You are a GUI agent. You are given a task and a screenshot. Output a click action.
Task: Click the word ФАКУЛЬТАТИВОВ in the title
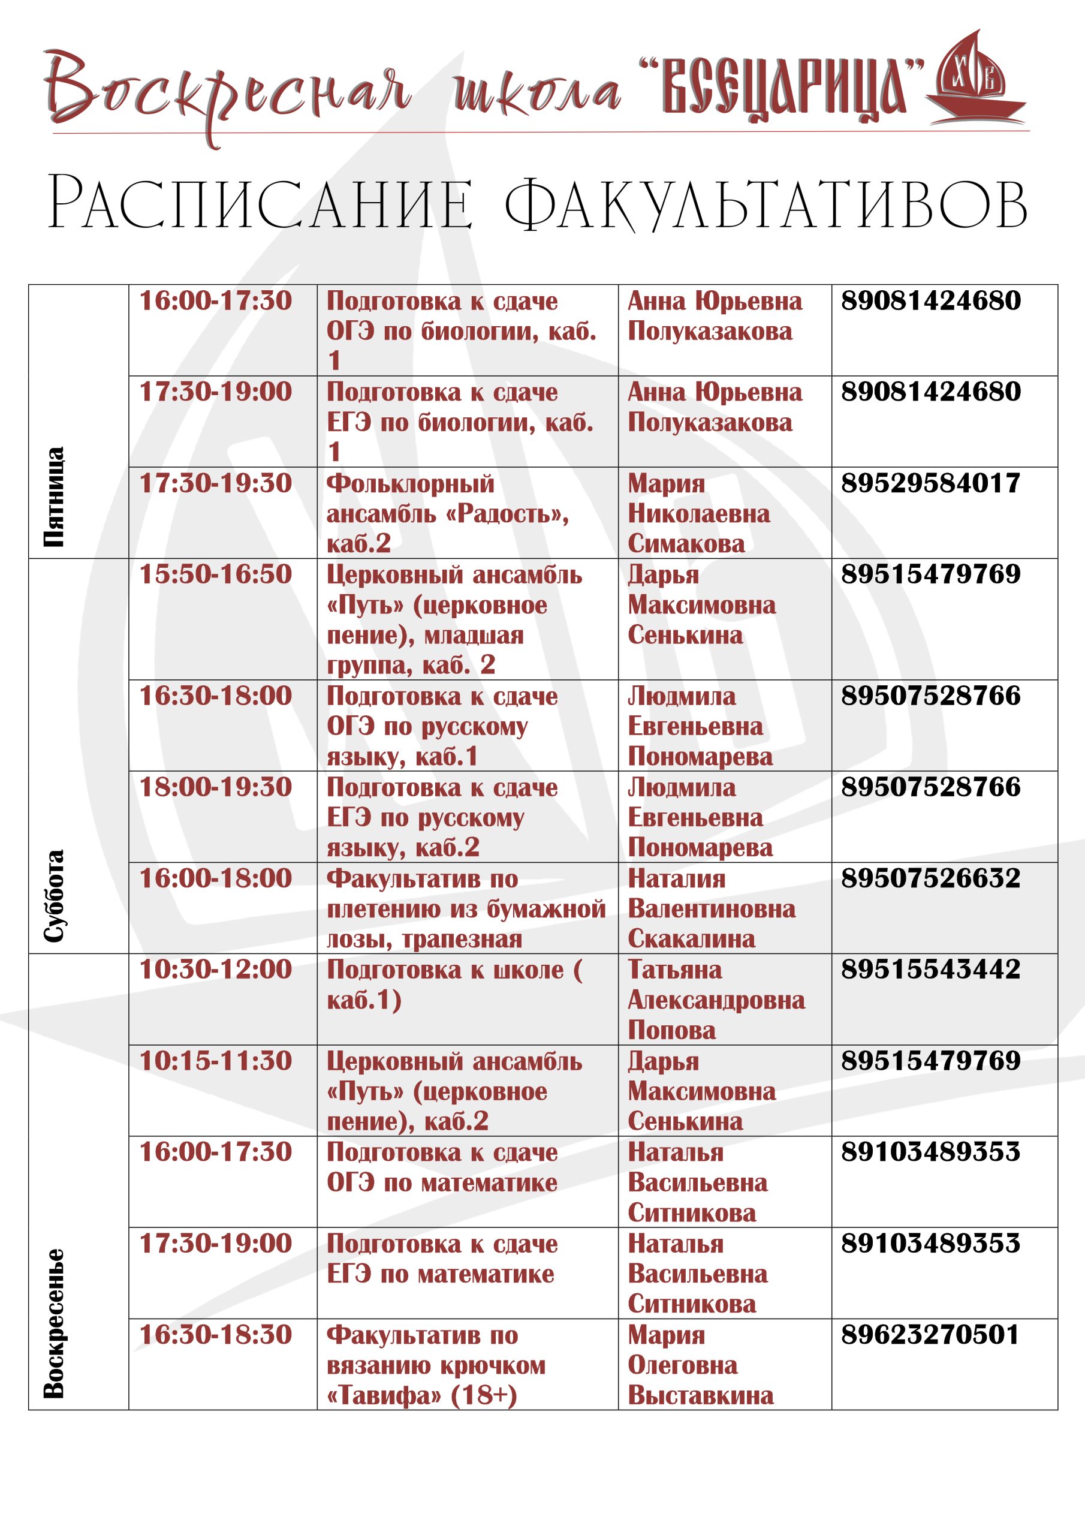[x=765, y=204]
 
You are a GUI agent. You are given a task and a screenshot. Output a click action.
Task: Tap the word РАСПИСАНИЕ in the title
[x=260, y=204]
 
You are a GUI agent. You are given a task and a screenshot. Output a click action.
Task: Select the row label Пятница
[x=54, y=496]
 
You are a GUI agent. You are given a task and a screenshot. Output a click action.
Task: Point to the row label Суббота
[x=54, y=895]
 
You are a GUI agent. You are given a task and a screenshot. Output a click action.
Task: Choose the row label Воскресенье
[x=54, y=1323]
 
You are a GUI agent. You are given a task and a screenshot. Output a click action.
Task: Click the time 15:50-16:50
[x=215, y=574]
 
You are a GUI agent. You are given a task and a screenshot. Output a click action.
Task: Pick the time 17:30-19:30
[x=215, y=483]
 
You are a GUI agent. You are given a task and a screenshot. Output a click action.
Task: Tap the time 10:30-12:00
[x=215, y=970]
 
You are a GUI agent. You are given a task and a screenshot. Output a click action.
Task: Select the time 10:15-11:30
[x=215, y=1061]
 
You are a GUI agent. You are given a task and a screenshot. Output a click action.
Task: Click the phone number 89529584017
[x=930, y=483]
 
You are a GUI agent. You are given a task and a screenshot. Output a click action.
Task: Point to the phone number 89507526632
[x=930, y=878]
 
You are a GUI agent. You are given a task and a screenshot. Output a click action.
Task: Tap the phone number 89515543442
[x=930, y=970]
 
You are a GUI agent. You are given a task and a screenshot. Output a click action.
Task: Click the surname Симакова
[x=686, y=543]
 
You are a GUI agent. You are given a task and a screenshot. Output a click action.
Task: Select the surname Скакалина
[x=691, y=938]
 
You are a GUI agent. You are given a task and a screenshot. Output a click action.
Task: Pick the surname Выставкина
[x=700, y=1395]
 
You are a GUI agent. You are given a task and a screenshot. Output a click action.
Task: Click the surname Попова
[x=671, y=1030]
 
